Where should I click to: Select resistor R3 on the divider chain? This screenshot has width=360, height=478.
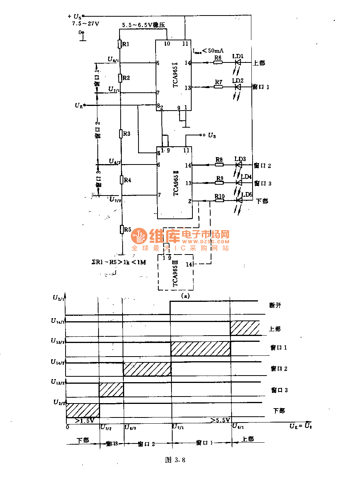click(121, 134)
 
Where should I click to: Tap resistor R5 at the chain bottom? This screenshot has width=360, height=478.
click(121, 229)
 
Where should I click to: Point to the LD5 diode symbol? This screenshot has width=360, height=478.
click(239, 201)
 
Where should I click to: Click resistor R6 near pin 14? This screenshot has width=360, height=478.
click(218, 63)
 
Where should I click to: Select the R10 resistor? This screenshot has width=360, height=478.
click(219, 201)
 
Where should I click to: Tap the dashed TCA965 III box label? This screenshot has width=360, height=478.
click(175, 273)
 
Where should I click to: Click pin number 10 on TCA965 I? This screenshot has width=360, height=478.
click(167, 43)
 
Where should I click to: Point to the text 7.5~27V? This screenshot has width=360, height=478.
click(86, 24)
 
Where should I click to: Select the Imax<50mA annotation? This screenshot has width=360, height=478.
click(208, 50)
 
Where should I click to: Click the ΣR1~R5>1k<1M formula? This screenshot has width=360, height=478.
click(116, 262)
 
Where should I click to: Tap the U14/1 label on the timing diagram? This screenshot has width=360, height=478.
click(59, 321)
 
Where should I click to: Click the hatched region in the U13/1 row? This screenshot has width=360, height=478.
click(200, 348)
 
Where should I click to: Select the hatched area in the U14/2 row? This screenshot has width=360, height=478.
click(147, 369)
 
